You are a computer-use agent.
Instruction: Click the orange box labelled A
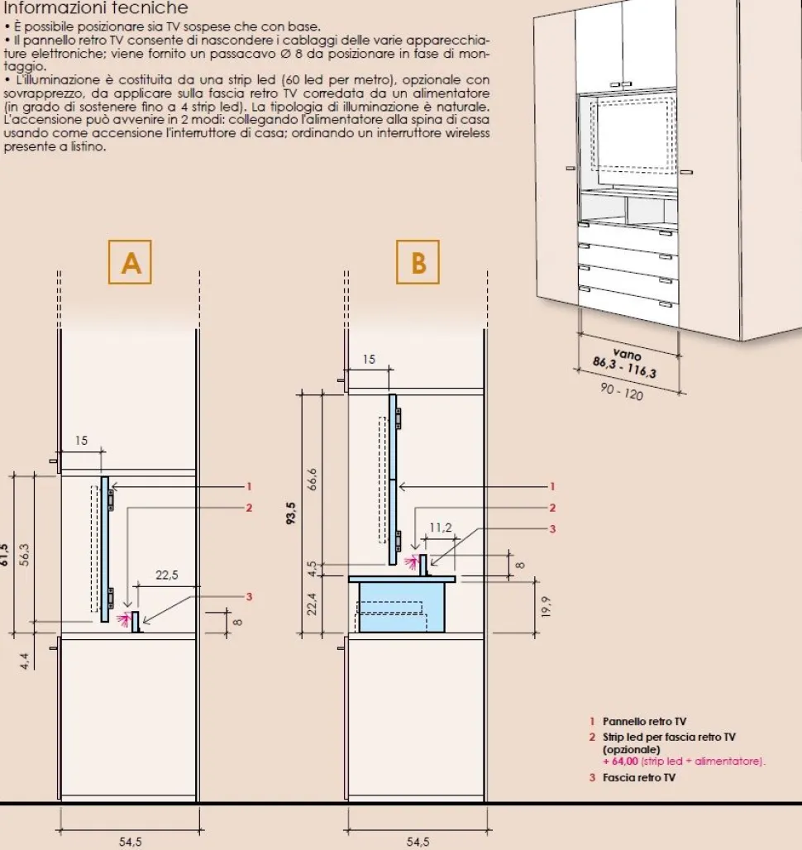click(x=130, y=262)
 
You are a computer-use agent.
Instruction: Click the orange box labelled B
click(x=418, y=262)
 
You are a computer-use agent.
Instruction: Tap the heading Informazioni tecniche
click(x=96, y=7)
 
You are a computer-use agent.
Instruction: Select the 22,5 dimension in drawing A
click(x=167, y=575)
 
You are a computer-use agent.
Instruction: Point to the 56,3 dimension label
click(x=24, y=555)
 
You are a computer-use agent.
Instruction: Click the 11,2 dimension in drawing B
click(x=441, y=528)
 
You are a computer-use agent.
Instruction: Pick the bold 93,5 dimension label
click(x=291, y=513)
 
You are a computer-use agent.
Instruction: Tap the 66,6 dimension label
click(x=313, y=480)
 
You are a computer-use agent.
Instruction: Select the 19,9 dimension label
click(x=546, y=607)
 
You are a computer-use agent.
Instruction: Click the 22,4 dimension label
click(x=313, y=604)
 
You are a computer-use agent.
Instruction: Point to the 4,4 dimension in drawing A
click(x=24, y=661)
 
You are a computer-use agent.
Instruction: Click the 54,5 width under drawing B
click(x=418, y=842)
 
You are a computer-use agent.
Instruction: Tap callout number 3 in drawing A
click(x=249, y=597)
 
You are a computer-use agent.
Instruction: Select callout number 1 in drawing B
click(x=552, y=486)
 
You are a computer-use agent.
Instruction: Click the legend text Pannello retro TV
click(x=644, y=722)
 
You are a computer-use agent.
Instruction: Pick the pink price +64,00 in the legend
click(x=620, y=761)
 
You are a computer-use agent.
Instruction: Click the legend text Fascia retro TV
click(x=639, y=777)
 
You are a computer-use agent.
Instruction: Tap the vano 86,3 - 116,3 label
click(x=625, y=361)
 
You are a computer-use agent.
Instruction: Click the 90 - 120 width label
click(x=622, y=391)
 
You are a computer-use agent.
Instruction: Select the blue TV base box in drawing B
click(x=402, y=606)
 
